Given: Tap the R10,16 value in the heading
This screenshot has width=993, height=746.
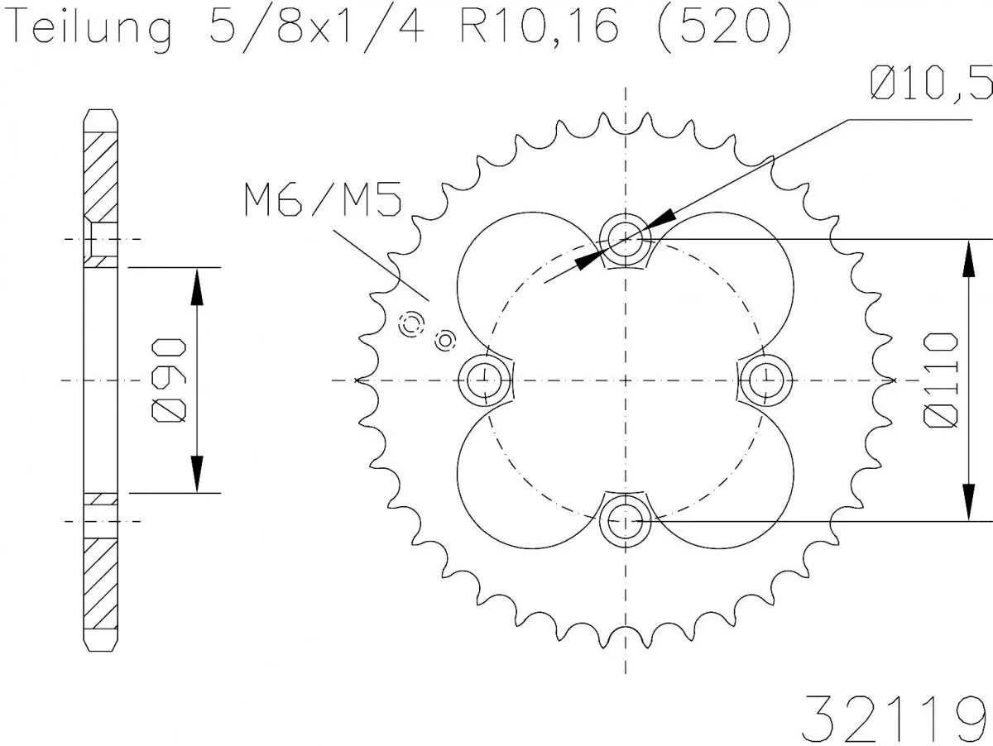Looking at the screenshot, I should [538, 27].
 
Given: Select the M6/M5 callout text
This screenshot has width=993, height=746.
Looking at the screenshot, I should [323, 201].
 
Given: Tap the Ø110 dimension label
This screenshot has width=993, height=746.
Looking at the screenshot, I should [943, 380].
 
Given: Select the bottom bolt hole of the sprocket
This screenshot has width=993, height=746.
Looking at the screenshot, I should [625, 521].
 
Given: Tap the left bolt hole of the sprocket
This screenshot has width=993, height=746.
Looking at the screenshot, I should [483, 380].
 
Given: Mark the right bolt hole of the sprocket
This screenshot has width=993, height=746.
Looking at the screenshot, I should [766, 380].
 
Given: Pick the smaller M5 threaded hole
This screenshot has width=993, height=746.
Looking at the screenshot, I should [445, 338].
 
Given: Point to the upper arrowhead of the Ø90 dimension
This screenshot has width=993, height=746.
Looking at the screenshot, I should [197, 285].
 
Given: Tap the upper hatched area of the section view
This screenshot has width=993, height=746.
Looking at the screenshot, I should [100, 170].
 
